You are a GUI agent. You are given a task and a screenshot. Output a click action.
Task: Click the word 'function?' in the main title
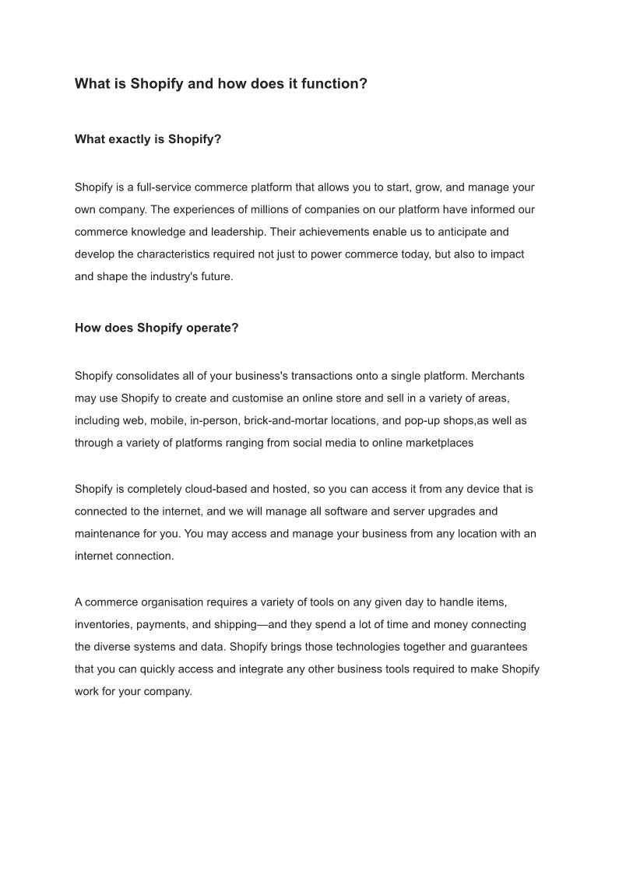(335, 83)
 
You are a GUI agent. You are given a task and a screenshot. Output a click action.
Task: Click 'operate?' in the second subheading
(213, 328)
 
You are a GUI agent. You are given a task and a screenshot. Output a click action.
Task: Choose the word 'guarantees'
(499, 647)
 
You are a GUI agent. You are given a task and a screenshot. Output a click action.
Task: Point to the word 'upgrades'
(451, 511)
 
